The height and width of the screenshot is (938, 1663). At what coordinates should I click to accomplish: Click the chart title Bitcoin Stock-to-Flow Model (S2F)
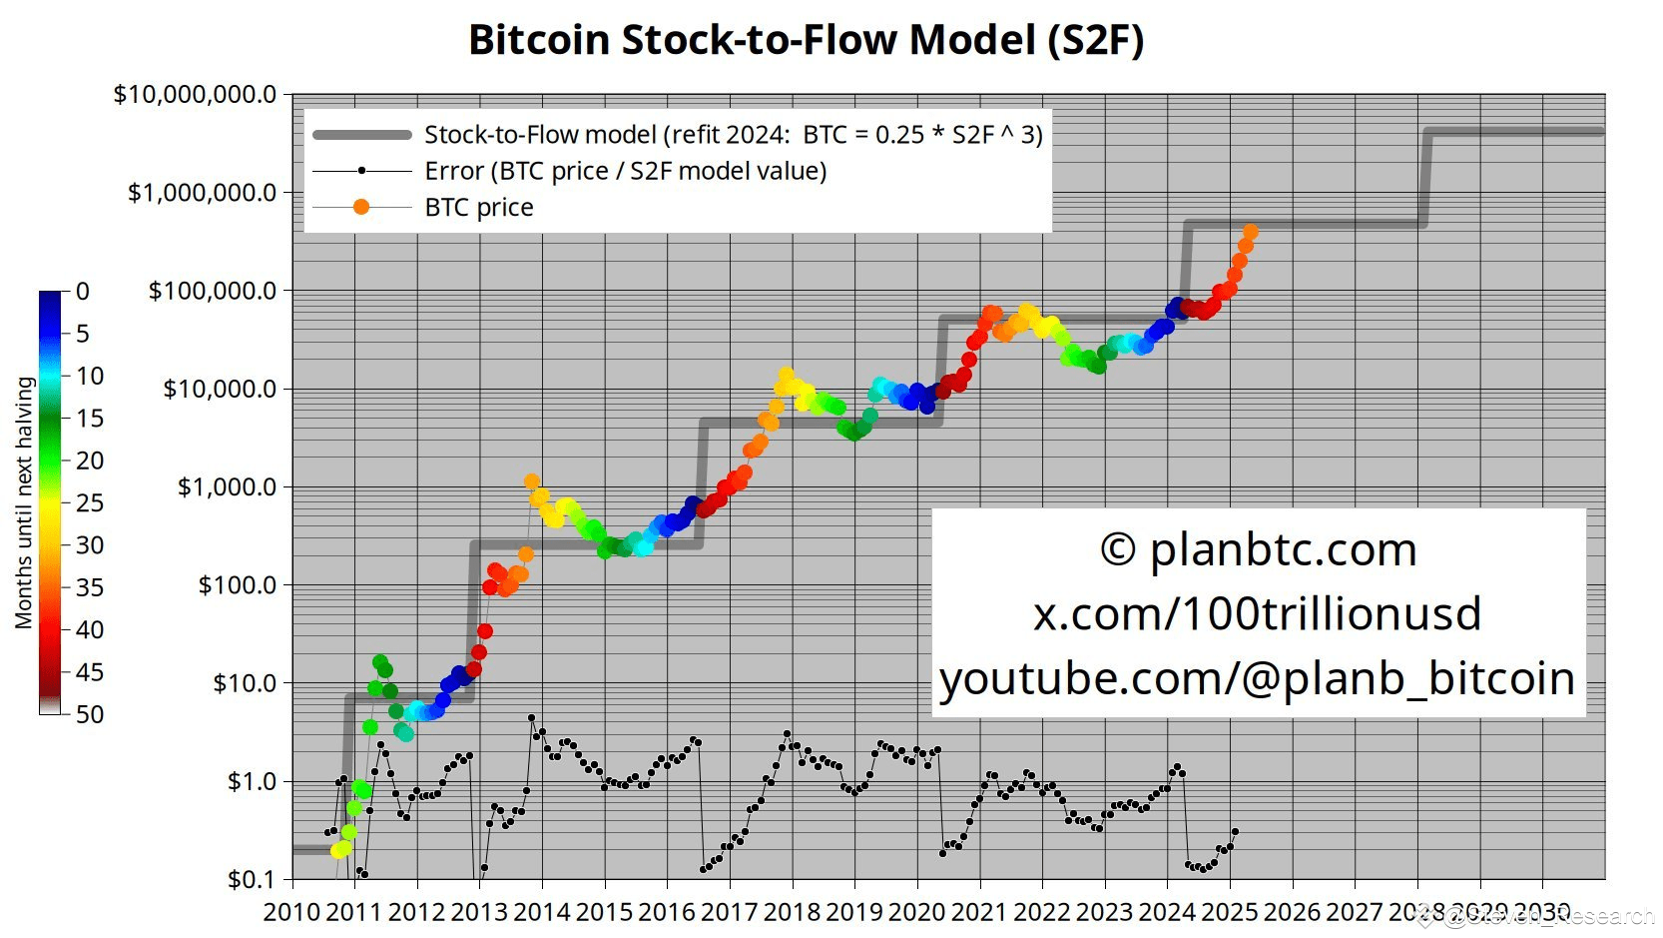[x=806, y=41]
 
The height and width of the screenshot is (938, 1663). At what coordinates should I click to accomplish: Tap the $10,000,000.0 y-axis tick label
[x=195, y=95]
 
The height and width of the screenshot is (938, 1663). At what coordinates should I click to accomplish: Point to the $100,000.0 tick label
[x=212, y=291]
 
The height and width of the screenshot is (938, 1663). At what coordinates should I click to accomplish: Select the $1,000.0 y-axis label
[x=227, y=486]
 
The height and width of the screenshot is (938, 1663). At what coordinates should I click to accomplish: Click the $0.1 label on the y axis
[x=252, y=879]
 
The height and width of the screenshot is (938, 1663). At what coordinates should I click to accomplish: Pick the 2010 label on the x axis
[x=291, y=912]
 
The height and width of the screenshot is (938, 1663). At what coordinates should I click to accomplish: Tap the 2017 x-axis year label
[x=730, y=912]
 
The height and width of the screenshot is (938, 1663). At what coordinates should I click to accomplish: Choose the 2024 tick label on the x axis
[x=1167, y=912]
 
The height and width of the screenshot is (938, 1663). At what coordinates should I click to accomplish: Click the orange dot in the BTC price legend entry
[x=361, y=207]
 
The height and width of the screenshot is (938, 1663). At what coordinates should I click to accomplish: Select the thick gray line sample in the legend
[x=361, y=135]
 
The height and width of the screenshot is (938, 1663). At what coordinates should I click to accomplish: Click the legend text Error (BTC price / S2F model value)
[x=625, y=171]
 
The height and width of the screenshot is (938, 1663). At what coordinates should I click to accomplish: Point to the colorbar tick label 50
[x=90, y=714]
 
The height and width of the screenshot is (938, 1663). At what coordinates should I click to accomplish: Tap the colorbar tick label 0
[x=83, y=292]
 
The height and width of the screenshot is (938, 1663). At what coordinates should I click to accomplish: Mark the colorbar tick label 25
[x=90, y=502]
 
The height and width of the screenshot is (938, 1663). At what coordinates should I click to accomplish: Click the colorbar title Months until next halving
[x=24, y=502]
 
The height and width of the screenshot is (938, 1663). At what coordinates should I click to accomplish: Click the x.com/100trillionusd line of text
[x=1257, y=613]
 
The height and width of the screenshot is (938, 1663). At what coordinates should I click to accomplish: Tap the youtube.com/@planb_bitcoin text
[x=1257, y=678]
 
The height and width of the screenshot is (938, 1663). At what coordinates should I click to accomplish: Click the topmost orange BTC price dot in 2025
[x=1251, y=232]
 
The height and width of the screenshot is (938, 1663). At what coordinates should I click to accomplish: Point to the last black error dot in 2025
[x=1236, y=831]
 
